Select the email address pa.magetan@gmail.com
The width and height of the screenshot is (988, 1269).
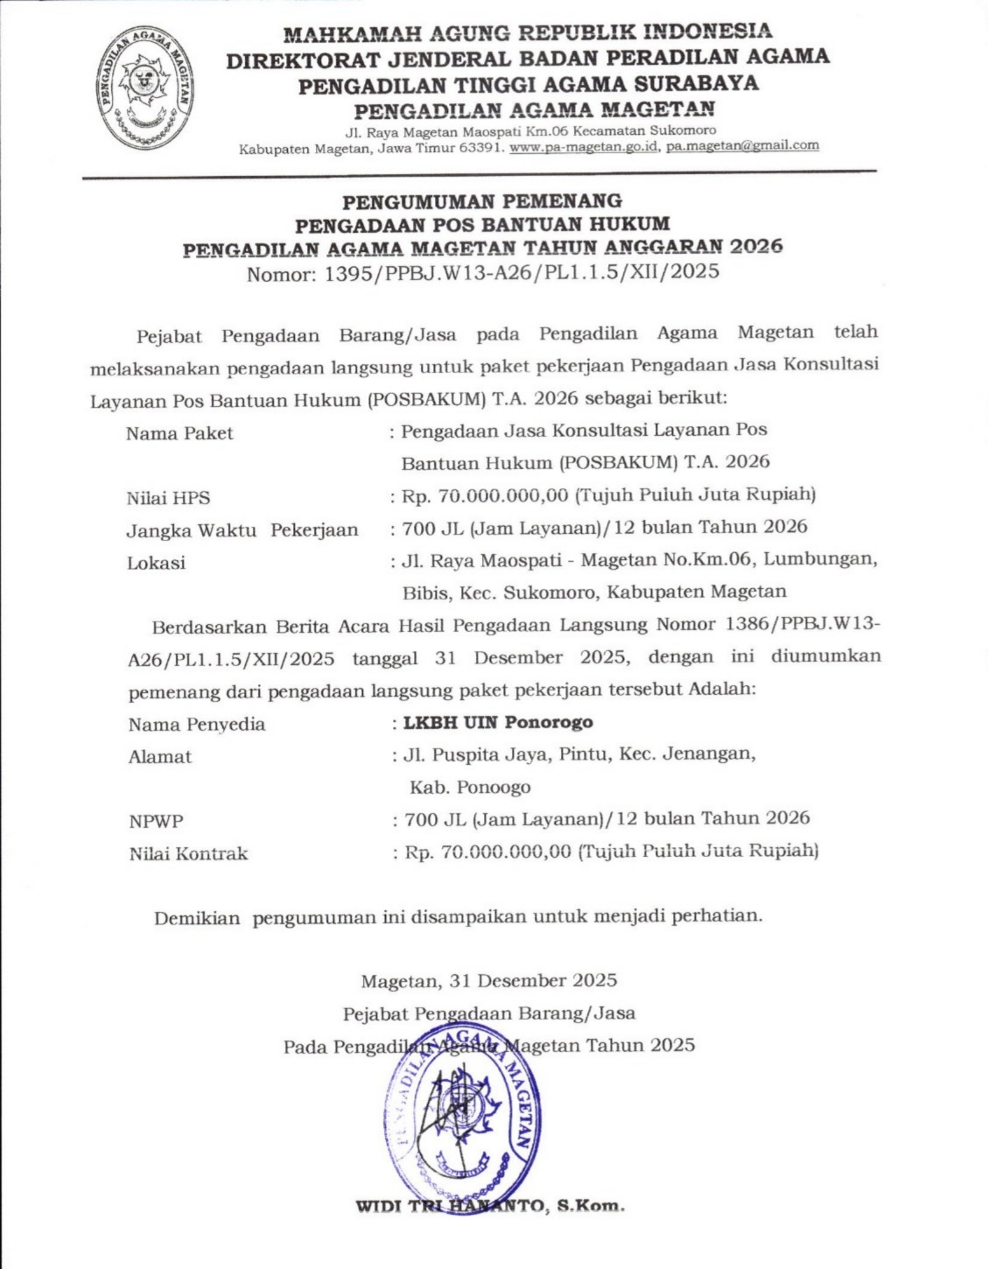[x=742, y=146]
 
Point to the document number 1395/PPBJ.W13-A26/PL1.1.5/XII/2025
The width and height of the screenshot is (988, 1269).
[x=522, y=271]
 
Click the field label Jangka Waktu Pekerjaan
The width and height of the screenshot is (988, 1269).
[x=242, y=529]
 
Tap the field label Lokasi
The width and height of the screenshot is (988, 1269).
[x=156, y=563]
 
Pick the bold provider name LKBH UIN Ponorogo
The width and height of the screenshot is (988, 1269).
[x=498, y=722]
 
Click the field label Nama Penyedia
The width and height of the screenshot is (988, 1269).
[x=196, y=725]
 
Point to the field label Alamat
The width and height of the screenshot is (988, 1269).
[x=159, y=757]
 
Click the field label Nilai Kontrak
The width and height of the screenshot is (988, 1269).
[x=188, y=853]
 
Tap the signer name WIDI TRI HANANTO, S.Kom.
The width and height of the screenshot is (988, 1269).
[x=490, y=1206]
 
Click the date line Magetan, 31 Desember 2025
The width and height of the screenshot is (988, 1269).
[x=488, y=980]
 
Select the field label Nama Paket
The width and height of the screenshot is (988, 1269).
[x=179, y=433]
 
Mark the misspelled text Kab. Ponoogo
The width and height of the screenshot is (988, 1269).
[x=470, y=787]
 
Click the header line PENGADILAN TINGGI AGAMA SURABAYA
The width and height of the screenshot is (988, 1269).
[x=528, y=85]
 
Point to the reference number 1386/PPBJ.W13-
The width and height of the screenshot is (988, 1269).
[x=803, y=625]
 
